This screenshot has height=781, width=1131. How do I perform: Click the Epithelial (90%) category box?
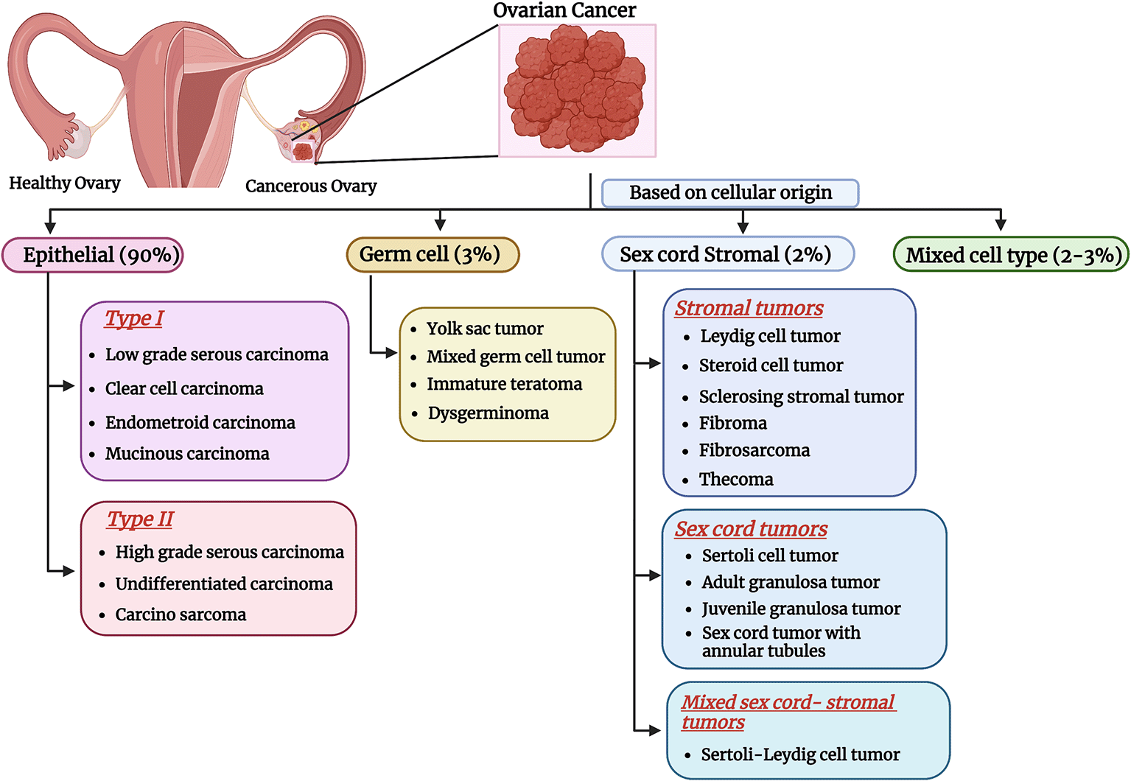click(x=93, y=255)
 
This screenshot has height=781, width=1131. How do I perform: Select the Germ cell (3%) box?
click(x=433, y=254)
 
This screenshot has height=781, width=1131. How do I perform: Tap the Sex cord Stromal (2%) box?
click(x=727, y=254)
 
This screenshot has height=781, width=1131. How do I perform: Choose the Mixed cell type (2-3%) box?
click(x=1010, y=255)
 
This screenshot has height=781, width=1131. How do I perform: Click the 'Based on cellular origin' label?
click(x=729, y=193)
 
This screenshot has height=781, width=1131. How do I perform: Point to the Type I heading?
click(x=134, y=318)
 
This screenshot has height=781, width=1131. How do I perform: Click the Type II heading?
click(x=140, y=519)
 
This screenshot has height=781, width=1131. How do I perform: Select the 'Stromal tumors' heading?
click(x=749, y=308)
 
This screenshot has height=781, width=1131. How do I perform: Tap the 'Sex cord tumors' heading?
click(x=751, y=529)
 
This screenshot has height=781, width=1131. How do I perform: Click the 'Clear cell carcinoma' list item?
click(x=184, y=388)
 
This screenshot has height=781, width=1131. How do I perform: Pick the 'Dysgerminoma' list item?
click(x=488, y=413)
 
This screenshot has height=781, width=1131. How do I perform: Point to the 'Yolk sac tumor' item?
click(x=485, y=329)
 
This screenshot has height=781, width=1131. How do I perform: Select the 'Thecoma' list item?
click(x=736, y=480)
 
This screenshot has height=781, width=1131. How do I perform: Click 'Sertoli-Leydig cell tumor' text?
click(x=800, y=754)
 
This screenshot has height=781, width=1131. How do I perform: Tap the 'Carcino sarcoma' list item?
click(x=181, y=614)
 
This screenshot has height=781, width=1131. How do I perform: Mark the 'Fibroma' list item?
click(x=733, y=424)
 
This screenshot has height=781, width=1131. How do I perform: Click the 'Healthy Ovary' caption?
click(x=65, y=183)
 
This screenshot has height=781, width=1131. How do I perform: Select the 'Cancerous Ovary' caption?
click(x=311, y=186)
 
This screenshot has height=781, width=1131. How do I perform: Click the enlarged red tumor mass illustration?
click(x=576, y=90)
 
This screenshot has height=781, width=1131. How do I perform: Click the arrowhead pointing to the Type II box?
click(x=69, y=571)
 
